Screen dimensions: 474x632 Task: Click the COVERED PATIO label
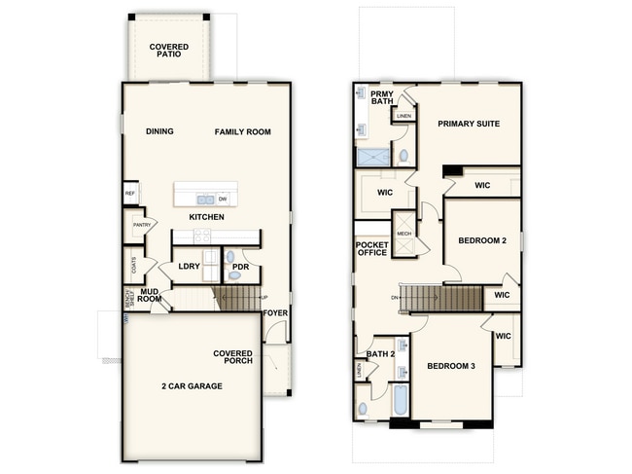coord(168,50)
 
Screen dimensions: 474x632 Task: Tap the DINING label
coord(159,131)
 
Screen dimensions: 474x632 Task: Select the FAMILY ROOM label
coord(242,131)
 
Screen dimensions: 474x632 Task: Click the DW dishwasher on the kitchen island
coord(223,199)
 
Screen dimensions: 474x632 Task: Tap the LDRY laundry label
coord(189,266)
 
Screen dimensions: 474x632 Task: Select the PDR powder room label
coord(240,266)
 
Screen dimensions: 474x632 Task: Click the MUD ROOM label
coord(149,294)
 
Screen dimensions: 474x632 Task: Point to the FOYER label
coord(276,313)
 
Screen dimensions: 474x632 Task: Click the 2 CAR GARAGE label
coord(192,386)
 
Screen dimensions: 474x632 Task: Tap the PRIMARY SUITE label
coord(470,124)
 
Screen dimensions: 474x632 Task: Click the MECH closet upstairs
coord(404,234)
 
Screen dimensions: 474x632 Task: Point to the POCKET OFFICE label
coord(371,248)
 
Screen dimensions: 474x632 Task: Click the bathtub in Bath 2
coord(401,400)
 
